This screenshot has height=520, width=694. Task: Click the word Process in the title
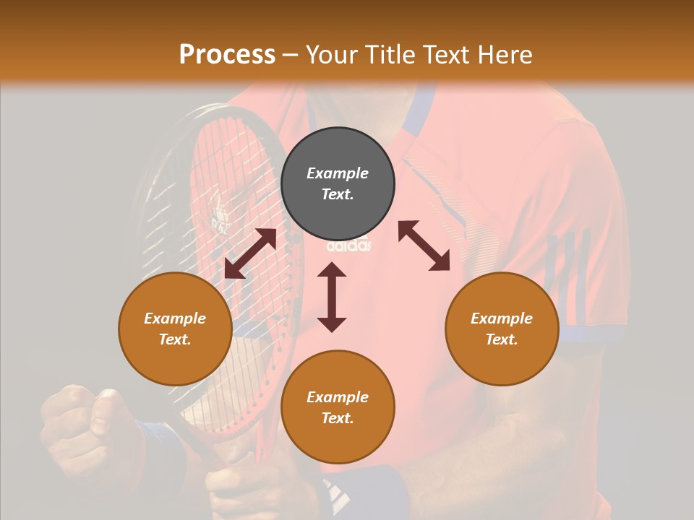tap(227, 55)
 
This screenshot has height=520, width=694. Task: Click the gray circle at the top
tap(338, 183)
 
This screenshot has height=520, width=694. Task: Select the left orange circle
tap(175, 329)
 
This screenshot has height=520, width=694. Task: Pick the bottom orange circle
tap(338, 407)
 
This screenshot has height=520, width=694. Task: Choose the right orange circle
tap(502, 329)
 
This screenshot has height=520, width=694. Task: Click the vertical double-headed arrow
tap(332, 297)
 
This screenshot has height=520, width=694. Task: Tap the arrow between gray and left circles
tap(250, 253)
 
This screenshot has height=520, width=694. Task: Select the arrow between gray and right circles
tap(424, 246)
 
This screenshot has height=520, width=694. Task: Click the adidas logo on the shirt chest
tap(349, 246)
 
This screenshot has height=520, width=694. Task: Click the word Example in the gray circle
tap(338, 173)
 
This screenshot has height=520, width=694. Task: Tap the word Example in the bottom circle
tap(338, 397)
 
